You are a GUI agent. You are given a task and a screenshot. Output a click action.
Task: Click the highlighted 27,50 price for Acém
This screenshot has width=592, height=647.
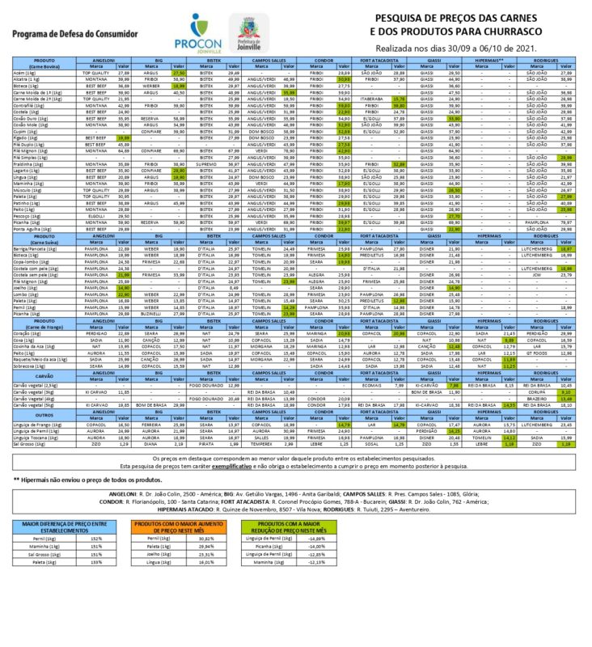(179, 73)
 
